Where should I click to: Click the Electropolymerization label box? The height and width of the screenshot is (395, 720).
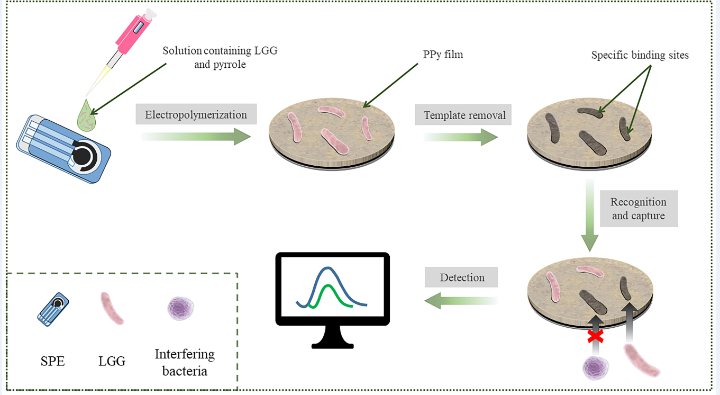click(196, 114)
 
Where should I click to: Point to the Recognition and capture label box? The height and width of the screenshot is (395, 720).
click(639, 209)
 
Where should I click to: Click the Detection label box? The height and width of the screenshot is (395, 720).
click(462, 277)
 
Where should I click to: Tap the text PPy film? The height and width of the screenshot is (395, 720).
click(439, 54)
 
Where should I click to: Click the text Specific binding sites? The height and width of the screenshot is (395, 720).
click(640, 55)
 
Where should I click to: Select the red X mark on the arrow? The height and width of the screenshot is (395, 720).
click(595, 336)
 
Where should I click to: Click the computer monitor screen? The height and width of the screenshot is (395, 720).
click(332, 289)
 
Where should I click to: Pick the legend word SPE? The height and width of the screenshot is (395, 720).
click(52, 362)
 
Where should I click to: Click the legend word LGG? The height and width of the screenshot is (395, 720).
click(112, 362)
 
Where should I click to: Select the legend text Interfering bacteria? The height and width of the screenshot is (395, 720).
click(185, 362)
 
